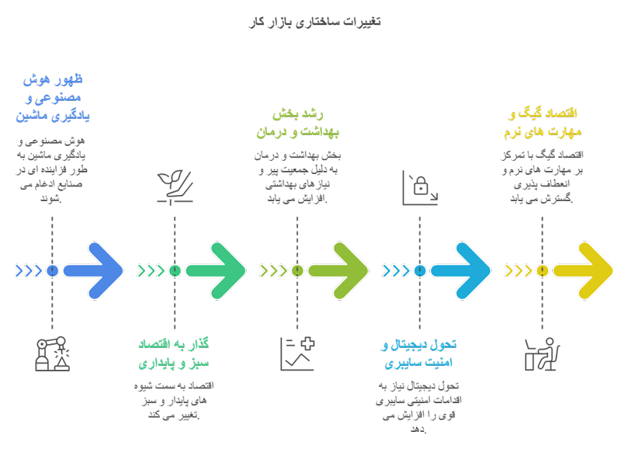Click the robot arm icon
click(52, 353)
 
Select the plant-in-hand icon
click(175, 187)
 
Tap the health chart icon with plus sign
click(297, 353)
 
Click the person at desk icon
click(542, 353)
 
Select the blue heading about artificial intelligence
click(53, 98)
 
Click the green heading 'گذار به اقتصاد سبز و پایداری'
click(175, 353)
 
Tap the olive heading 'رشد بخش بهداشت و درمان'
click(297, 124)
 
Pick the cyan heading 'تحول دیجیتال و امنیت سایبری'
click(419, 353)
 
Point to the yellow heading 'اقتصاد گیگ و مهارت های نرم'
click(542, 124)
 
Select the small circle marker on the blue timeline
click(52, 270)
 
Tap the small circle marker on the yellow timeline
click(542, 270)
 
